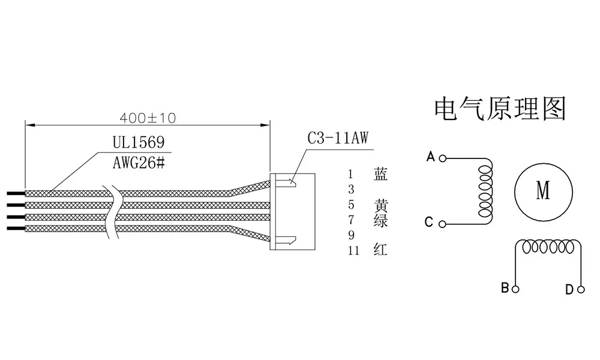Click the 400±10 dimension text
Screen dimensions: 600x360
coord(148,118)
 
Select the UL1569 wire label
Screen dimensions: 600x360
coord(139,142)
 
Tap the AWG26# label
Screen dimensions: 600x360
coord(139,163)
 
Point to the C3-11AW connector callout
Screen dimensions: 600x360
coord(338,138)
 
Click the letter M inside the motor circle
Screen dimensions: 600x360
coord(544,190)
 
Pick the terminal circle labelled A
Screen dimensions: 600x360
coord(443,158)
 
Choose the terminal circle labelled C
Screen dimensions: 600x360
coord(442,224)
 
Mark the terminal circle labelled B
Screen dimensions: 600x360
coord(515,289)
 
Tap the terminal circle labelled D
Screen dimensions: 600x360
coord(581,290)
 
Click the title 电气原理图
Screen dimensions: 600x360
coord(500,109)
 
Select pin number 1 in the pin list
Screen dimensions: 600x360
coord(350,175)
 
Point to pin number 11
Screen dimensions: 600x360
coord(354,251)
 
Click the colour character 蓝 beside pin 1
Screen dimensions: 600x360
coord(381,174)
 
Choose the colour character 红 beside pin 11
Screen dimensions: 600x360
coord(380,250)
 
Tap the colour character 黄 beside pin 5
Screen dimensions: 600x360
coord(381,205)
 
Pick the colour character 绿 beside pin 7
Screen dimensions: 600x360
coord(381,221)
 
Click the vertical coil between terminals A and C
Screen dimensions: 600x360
coord(485,191)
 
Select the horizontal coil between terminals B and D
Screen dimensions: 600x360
coord(548,247)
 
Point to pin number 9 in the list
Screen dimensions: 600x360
coord(351,235)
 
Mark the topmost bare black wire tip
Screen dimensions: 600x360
coord(16,193)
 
